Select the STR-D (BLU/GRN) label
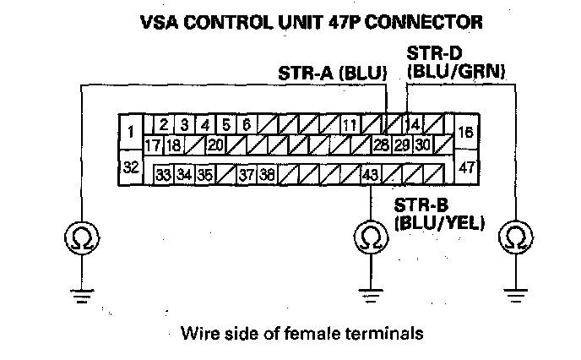[455, 65]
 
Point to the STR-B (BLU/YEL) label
[437, 215]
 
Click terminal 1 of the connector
[129, 131]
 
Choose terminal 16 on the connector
[467, 132]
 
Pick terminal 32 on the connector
[130, 167]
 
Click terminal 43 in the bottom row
[369, 175]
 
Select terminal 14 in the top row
[415, 125]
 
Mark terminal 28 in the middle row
[381, 145]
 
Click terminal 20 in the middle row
[214, 145]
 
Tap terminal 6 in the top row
[247, 125]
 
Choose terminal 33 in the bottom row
[163, 175]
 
